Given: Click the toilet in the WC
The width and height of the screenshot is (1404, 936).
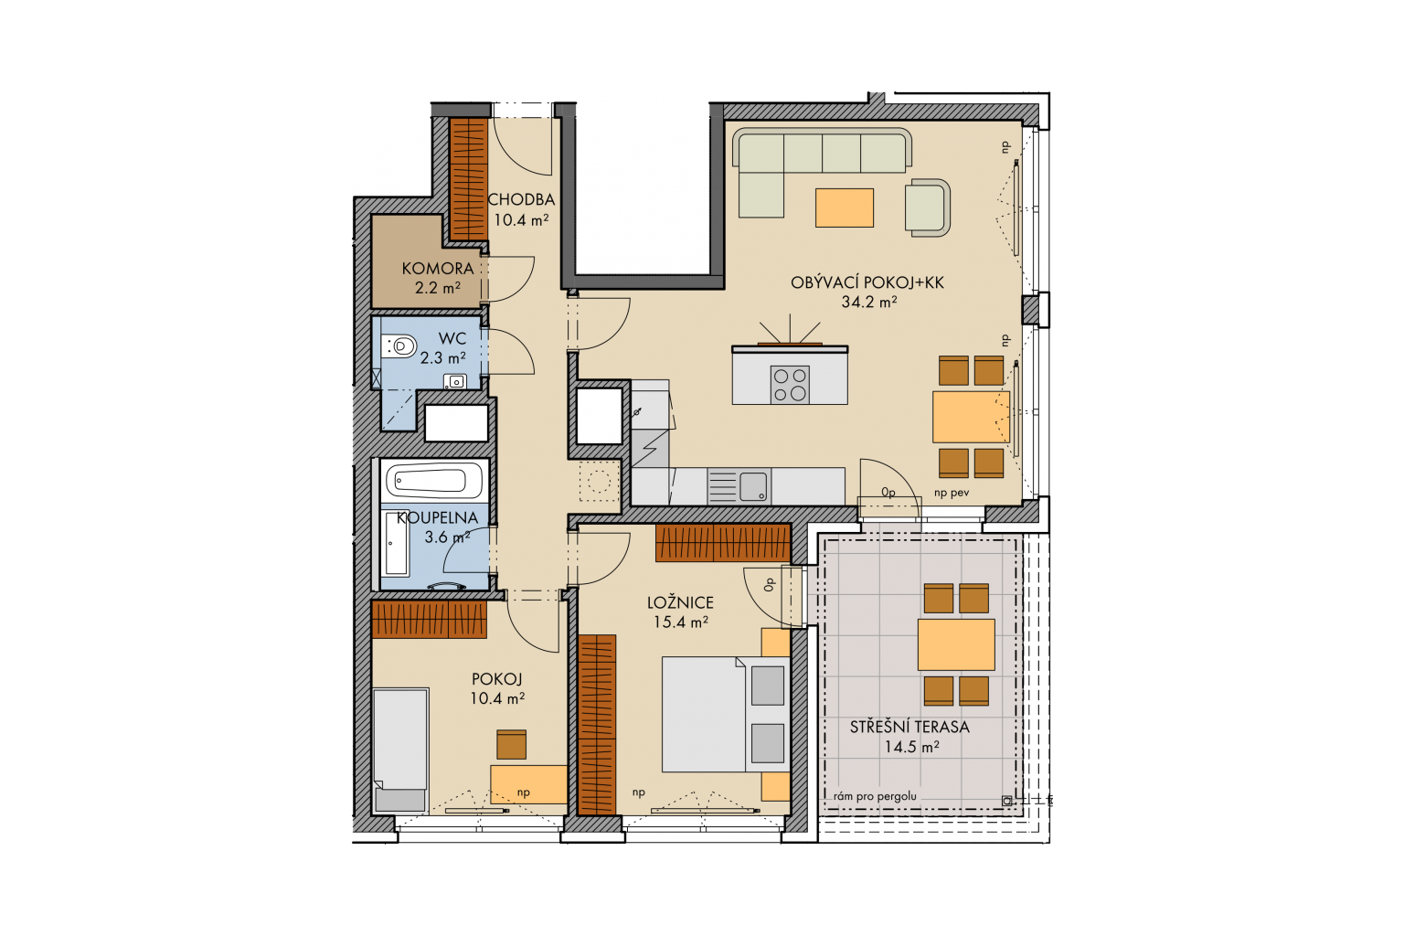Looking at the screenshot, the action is click(399, 346).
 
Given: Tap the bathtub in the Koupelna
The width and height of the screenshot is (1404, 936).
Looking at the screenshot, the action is click(434, 482).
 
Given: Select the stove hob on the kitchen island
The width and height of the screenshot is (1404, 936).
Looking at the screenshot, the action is click(790, 384).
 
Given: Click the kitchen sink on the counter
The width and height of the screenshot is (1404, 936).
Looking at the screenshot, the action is click(753, 486).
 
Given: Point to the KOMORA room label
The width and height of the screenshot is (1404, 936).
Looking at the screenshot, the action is click(438, 269).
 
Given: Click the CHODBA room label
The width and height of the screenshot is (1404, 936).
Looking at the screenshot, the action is click(521, 199).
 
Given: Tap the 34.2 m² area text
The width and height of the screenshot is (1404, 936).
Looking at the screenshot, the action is click(868, 302).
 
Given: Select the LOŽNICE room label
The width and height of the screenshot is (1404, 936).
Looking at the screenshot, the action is click(680, 602).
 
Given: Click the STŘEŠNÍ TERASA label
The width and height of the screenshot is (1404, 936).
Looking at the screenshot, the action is click(909, 727).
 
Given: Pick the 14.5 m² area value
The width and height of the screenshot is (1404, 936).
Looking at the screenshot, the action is click(911, 747).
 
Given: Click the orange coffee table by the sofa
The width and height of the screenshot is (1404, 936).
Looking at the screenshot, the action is click(845, 207).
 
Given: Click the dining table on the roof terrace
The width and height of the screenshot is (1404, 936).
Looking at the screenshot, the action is click(956, 644).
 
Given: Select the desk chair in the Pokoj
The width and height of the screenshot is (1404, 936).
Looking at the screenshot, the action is click(512, 744).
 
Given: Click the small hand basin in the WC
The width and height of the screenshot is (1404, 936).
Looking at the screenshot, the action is click(455, 380).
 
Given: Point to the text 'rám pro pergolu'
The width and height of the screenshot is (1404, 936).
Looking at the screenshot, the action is click(875, 797).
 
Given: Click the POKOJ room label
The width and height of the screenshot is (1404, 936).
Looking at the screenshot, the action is click(497, 678).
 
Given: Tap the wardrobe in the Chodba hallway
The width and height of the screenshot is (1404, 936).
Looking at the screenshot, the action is click(469, 178).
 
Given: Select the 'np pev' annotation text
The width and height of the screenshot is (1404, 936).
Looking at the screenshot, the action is click(952, 493).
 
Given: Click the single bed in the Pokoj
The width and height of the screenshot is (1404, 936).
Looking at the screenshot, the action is click(400, 750).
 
